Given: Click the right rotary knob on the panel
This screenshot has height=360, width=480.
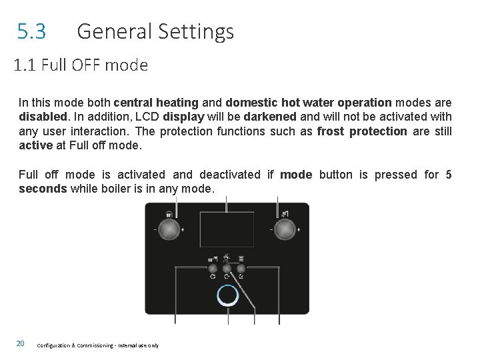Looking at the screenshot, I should coord(285,229).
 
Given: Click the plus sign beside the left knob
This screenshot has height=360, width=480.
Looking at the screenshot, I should coord(183,229).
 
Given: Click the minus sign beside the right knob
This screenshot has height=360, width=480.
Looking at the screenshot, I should coord(271,229).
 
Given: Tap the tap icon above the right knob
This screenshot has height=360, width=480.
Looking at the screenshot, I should coord(285,214).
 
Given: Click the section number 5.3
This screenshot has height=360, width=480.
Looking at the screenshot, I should coord(31,31).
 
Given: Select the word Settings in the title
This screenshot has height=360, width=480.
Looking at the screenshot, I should coord(199,31).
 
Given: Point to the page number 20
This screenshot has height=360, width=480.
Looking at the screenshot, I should coord(21,343).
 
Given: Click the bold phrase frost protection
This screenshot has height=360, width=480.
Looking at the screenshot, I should coord(362,131).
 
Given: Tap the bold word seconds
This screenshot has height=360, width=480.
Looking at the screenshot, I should coord(43,189).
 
